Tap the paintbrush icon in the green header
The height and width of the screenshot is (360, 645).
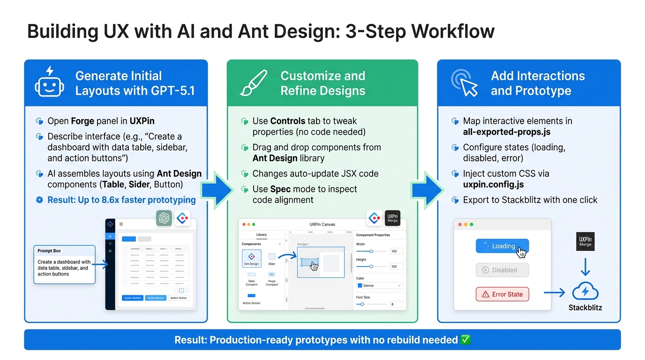pos(254,83)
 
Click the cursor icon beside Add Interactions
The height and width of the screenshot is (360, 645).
pos(464,83)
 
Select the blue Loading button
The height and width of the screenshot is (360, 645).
pos(502,246)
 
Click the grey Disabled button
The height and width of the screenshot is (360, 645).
pos(502,270)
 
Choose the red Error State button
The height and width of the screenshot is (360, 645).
pos(502,294)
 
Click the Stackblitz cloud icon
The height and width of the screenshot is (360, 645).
pos(585,292)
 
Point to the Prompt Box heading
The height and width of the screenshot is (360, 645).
pos(49,251)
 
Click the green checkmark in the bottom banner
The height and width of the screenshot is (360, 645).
pos(465,340)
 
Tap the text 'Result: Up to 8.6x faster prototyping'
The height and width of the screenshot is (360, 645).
pos(121,200)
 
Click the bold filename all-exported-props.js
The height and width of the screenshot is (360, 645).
pos(507,132)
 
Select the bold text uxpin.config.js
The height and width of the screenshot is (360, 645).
pos(494,185)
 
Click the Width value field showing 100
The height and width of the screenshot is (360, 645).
pos(395,251)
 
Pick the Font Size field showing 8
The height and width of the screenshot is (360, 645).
pos(395,304)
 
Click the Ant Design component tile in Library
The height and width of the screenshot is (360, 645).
pos(251,257)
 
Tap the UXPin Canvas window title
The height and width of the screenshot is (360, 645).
pos(322,225)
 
